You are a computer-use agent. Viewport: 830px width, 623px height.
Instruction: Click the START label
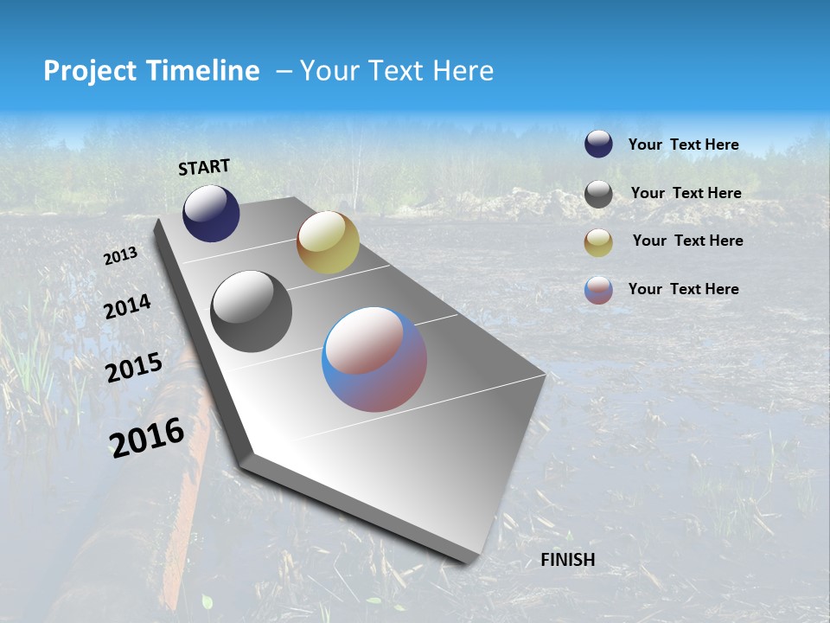point(204,166)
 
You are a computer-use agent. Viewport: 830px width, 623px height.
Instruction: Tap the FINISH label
point(567,560)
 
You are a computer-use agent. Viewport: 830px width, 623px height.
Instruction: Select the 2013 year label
point(120,256)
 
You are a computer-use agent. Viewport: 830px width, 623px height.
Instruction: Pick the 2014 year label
point(127,307)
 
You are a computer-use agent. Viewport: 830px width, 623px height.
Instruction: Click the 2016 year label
point(147,437)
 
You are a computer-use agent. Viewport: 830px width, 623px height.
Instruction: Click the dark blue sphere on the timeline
point(211,214)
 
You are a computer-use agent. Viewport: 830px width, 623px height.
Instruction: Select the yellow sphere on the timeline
point(328,242)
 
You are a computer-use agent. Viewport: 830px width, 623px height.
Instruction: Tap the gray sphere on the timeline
point(251,311)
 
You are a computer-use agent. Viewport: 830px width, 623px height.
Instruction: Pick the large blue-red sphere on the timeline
point(374,359)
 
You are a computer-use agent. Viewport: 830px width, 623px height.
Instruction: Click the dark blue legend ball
point(598,145)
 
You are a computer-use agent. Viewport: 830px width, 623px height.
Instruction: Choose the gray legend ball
point(598,194)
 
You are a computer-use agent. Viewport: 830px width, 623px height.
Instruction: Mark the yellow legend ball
point(598,242)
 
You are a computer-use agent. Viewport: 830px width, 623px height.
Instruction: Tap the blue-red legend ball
point(598,290)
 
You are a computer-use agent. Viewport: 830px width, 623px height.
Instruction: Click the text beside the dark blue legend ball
point(683,145)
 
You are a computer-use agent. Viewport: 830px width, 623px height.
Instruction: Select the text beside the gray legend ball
point(686,193)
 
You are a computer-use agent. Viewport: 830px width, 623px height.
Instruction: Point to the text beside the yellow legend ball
point(687,241)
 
